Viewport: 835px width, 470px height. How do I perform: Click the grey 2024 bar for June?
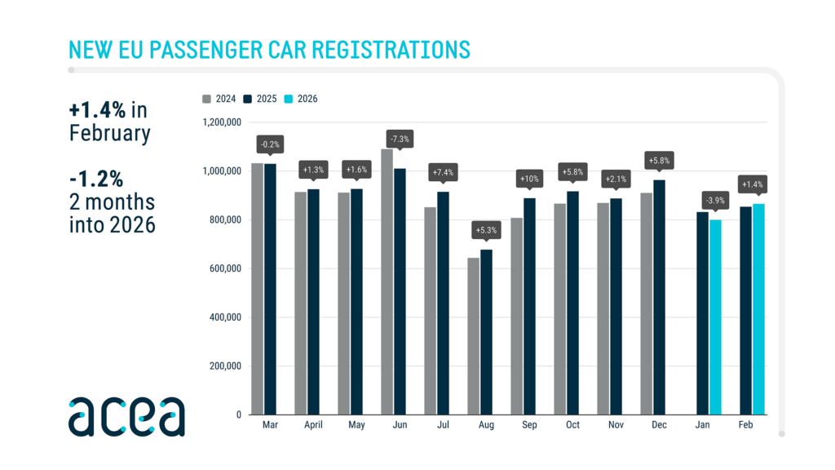(387, 282)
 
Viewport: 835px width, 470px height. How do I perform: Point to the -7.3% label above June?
(400, 140)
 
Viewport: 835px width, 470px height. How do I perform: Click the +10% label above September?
(529, 179)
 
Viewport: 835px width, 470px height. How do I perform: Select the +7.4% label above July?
(443, 172)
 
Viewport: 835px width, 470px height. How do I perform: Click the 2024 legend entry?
(220, 99)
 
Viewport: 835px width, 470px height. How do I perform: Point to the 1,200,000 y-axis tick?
(220, 122)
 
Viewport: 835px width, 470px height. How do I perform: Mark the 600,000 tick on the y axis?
(223, 268)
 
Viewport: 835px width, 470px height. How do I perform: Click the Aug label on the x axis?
(486, 426)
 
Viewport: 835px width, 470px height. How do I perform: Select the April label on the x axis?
(312, 426)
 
